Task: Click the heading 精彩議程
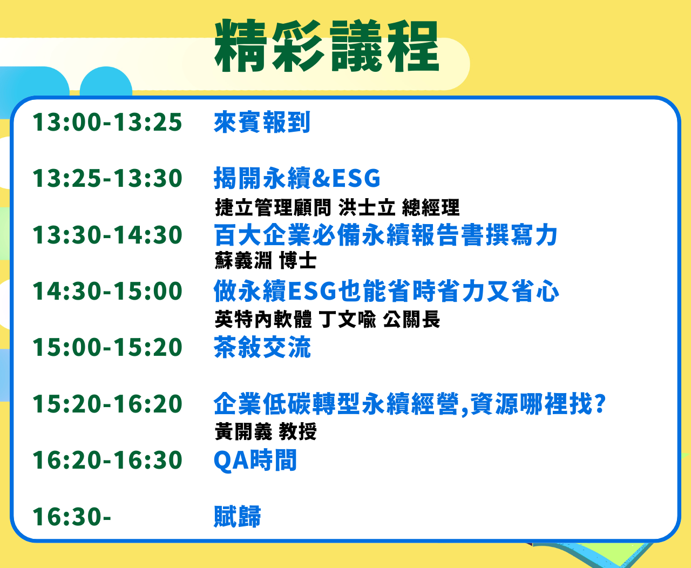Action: click(x=327, y=47)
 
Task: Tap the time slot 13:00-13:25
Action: click(x=107, y=123)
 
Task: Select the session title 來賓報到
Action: click(x=262, y=123)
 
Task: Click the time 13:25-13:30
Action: click(x=107, y=179)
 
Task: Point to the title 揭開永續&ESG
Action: click(x=297, y=179)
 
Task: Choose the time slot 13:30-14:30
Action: click(x=107, y=235)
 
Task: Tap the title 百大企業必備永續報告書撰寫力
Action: click(x=385, y=235)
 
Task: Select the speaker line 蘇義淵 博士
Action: click(x=266, y=261)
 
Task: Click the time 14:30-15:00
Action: click(x=107, y=292)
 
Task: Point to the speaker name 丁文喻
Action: click(x=348, y=320)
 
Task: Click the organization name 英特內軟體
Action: click(x=263, y=320)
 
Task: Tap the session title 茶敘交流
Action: click(x=262, y=348)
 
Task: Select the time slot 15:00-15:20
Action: click(x=107, y=348)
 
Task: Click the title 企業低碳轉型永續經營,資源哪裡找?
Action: click(x=410, y=404)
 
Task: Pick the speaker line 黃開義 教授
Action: click(x=266, y=432)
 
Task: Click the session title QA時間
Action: click(x=255, y=461)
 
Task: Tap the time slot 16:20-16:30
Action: click(x=107, y=461)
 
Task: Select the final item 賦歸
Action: click(x=238, y=517)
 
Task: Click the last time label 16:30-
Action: click(x=72, y=517)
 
